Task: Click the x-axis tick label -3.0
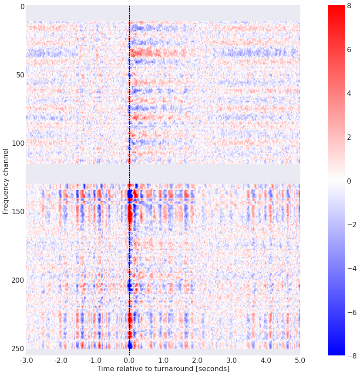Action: [26, 360]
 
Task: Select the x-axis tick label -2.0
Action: [61, 360]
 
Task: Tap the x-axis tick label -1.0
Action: [94, 360]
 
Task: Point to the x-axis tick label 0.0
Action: [129, 360]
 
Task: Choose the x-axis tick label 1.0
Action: [163, 360]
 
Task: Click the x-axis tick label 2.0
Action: [198, 360]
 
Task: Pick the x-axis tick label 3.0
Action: [232, 360]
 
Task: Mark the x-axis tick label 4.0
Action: [266, 360]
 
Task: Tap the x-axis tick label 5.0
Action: [300, 360]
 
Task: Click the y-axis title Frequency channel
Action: [6, 181]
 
